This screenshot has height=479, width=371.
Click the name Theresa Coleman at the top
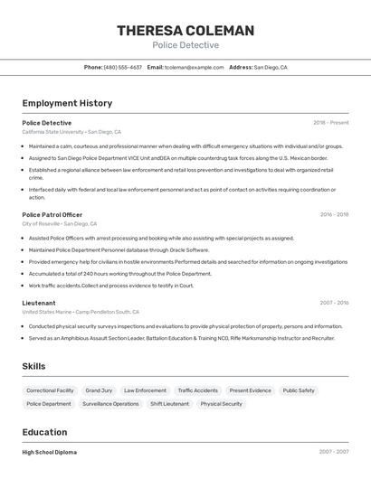(185, 31)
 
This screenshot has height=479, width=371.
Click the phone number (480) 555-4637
(122, 67)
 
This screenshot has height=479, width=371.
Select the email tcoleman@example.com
(194, 67)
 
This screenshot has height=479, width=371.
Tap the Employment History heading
(67, 103)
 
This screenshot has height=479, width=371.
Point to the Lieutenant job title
(39, 303)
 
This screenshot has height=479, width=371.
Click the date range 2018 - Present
(331, 123)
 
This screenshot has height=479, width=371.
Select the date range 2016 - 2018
(334, 215)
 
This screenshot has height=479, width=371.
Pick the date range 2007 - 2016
(334, 303)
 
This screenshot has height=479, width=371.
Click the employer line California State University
(71, 132)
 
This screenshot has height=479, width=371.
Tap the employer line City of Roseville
(60, 223)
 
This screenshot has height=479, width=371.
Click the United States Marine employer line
(74, 312)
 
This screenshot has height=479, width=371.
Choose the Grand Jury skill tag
(99, 390)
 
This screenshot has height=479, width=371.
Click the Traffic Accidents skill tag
(197, 390)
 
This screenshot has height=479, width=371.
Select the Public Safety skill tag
(299, 390)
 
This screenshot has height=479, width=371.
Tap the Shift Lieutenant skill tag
(170, 404)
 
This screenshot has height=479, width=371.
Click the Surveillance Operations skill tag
(110, 404)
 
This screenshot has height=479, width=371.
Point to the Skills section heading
(34, 366)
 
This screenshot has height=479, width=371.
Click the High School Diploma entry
(50, 452)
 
